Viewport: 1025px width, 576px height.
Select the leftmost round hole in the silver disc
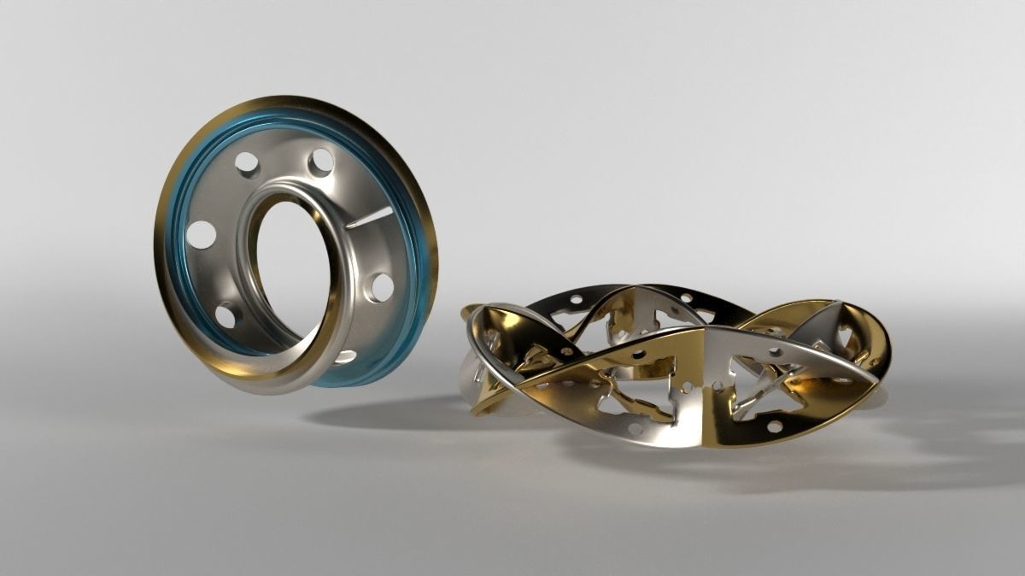(x=201, y=234)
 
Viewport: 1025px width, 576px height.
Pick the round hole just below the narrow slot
(x=381, y=287)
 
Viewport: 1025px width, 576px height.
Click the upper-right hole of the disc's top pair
(x=320, y=162)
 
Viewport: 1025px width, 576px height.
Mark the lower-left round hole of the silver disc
(x=227, y=315)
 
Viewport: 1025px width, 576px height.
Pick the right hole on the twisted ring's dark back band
(x=686, y=298)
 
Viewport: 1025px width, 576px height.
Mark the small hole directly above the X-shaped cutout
(x=775, y=351)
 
